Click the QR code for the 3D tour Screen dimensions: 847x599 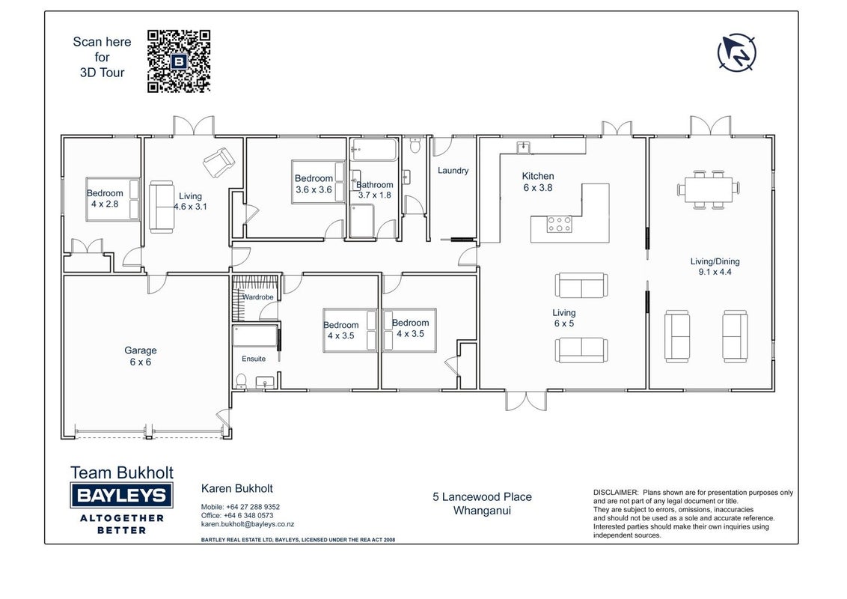pyautogui.click(x=179, y=61)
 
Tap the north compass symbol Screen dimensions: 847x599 pyautogui.click(x=736, y=52)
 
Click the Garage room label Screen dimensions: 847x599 pyautogui.click(x=141, y=356)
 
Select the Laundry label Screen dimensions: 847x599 pyautogui.click(x=453, y=170)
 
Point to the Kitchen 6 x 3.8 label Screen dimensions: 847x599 pyautogui.click(x=538, y=182)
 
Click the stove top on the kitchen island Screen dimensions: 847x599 pyautogui.click(x=559, y=224)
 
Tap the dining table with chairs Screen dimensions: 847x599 pyautogui.click(x=708, y=189)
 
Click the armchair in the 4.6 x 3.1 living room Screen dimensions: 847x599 pyautogui.click(x=218, y=162)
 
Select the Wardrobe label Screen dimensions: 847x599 pyautogui.click(x=258, y=297)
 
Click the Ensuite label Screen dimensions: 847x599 pyautogui.click(x=254, y=359)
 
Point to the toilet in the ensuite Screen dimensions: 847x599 pyautogui.click(x=241, y=381)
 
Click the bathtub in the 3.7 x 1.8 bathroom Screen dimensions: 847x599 pyautogui.click(x=374, y=150)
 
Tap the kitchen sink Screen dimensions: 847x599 pyautogui.click(x=523, y=147)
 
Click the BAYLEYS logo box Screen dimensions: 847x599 pyautogui.click(x=121, y=495)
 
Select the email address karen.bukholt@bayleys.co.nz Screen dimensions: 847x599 pyautogui.click(x=248, y=524)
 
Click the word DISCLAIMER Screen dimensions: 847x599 pyautogui.click(x=616, y=493)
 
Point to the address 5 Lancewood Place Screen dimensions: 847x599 pyautogui.click(x=482, y=497)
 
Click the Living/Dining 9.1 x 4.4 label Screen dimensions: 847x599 pyautogui.click(x=715, y=267)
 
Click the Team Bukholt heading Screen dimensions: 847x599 pyautogui.click(x=121, y=472)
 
